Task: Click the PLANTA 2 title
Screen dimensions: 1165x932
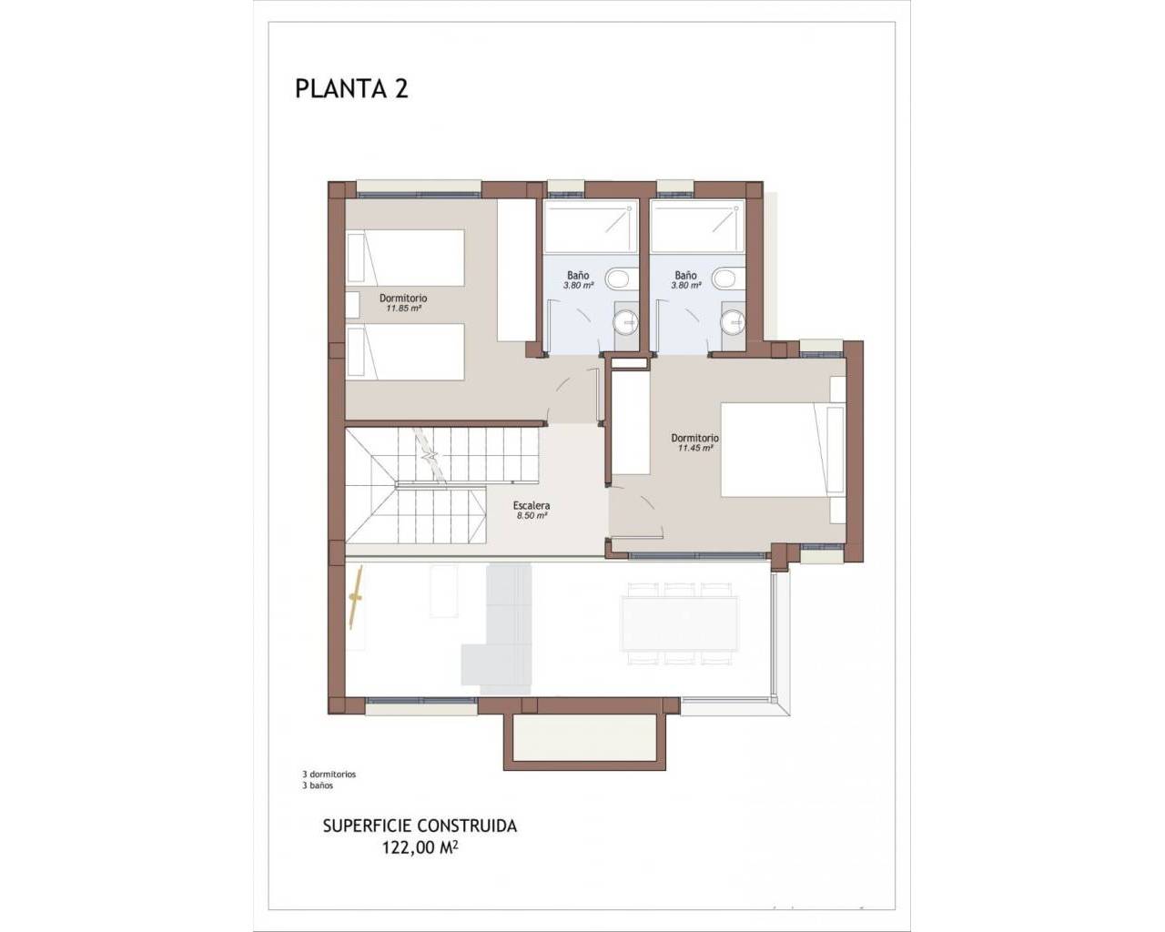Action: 351,89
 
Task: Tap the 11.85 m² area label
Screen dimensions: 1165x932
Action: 403,309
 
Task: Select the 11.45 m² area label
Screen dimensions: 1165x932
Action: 695,448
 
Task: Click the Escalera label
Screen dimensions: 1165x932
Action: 532,505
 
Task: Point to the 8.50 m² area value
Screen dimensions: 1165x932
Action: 532,515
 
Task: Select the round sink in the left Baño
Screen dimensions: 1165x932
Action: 626,321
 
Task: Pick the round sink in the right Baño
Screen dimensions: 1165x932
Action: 733,321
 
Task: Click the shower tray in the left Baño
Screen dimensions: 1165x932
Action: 591,227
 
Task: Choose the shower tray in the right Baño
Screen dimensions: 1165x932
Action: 698,227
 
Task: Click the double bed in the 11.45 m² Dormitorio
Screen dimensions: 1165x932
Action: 783,450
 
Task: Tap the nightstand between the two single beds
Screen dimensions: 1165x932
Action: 353,305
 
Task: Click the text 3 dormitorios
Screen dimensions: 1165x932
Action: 329,775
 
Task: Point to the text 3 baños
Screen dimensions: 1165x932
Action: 318,785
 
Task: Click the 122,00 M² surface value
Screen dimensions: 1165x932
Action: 420,847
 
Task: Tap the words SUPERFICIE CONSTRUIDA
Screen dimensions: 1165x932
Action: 420,826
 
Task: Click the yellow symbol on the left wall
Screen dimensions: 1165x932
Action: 356,597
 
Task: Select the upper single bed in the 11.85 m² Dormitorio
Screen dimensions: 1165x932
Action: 406,258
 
